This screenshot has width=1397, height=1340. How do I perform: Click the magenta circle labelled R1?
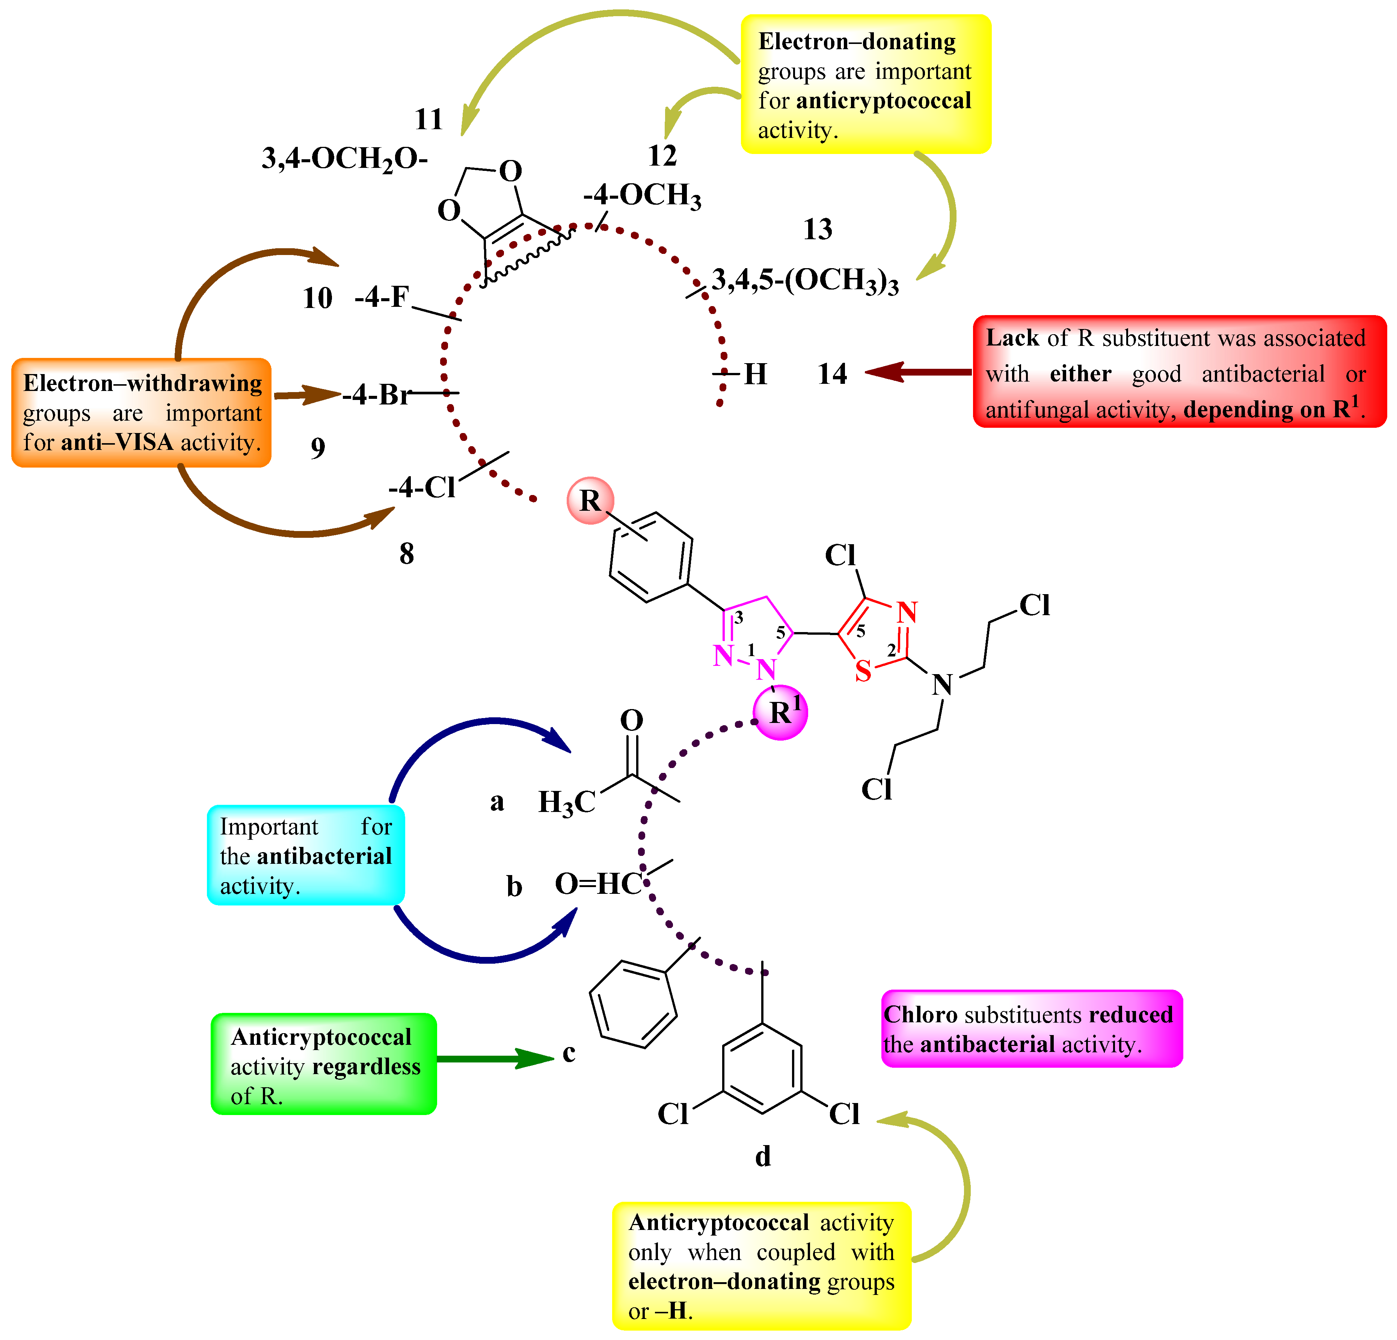[781, 712]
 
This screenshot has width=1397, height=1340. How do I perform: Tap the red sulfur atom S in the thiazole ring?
[863, 671]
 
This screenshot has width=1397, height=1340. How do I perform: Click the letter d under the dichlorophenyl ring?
[763, 1156]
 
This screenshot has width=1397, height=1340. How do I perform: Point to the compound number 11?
[429, 119]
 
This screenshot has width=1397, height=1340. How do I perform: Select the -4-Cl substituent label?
[422, 487]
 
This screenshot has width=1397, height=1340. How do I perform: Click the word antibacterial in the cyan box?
[324, 856]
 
